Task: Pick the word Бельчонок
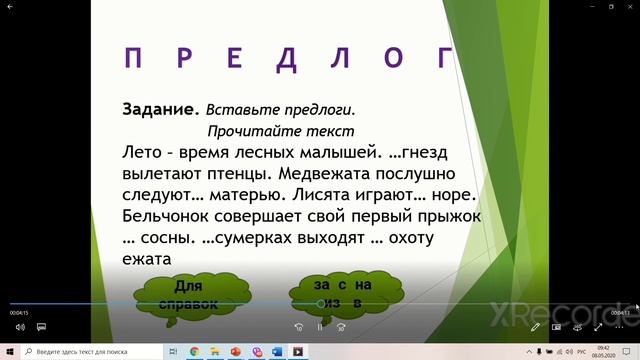click(x=170, y=215)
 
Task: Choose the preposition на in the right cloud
click(x=362, y=285)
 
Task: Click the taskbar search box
click(x=95, y=352)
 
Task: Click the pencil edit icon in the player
click(x=536, y=327)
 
